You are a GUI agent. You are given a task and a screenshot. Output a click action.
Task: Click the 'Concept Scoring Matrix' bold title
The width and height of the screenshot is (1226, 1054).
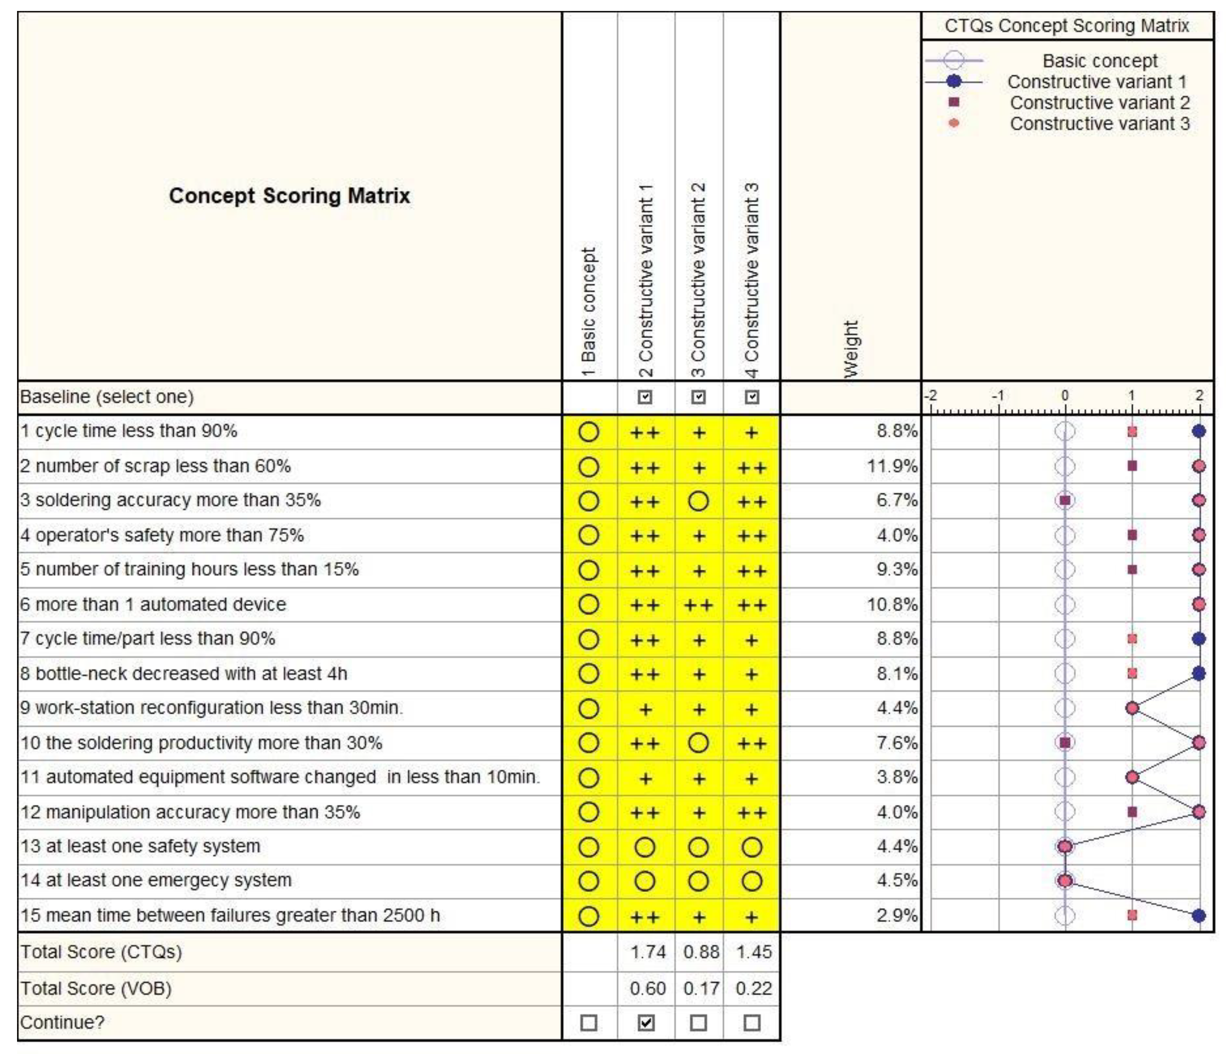(x=289, y=196)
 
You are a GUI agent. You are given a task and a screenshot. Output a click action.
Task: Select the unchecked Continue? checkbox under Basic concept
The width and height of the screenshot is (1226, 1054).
(x=589, y=1023)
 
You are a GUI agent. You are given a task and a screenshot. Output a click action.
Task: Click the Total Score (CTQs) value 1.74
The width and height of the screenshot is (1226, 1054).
(x=648, y=952)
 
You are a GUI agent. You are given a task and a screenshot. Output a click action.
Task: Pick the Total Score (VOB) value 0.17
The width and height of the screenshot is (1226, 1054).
(x=701, y=988)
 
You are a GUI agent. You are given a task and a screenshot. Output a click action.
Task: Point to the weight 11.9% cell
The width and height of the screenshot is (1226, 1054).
(x=891, y=466)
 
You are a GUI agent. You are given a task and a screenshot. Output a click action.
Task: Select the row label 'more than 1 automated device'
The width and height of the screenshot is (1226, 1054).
(x=153, y=604)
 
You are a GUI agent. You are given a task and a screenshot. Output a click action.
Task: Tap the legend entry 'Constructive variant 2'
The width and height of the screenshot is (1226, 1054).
(x=1099, y=103)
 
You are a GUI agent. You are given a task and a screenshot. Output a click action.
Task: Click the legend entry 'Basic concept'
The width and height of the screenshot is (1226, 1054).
(x=1099, y=61)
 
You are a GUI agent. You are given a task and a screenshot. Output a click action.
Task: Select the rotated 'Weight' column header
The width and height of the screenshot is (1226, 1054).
(x=850, y=349)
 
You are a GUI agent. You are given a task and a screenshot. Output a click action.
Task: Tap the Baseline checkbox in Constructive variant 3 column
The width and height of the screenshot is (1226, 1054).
(x=751, y=397)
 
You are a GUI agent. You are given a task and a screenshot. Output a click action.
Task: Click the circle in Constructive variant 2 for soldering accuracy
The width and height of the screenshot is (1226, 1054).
(x=698, y=502)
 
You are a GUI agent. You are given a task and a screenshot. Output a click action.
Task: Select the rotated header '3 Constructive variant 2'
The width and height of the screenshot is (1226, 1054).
(x=698, y=281)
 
